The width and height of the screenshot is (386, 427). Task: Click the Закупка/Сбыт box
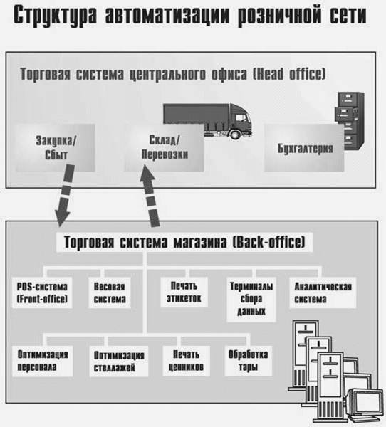[56, 148]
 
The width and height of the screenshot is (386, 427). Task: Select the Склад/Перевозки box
[164, 148]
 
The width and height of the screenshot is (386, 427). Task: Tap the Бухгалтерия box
[304, 148]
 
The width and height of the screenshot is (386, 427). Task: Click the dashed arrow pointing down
[65, 196]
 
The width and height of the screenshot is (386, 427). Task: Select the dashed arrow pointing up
[150, 196]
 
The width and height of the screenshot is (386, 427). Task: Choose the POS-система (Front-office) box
[42, 292]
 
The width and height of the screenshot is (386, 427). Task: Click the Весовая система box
[110, 292]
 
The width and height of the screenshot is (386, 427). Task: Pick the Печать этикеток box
[184, 292]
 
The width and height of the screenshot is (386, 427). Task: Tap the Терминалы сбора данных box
[251, 300]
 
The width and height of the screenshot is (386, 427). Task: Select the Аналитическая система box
[323, 292]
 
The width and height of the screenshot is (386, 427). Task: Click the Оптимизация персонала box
[43, 361]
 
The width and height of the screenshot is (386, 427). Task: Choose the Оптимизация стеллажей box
[119, 362]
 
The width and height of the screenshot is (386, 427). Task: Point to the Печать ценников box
[187, 361]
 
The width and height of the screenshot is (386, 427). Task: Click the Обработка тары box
[249, 361]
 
